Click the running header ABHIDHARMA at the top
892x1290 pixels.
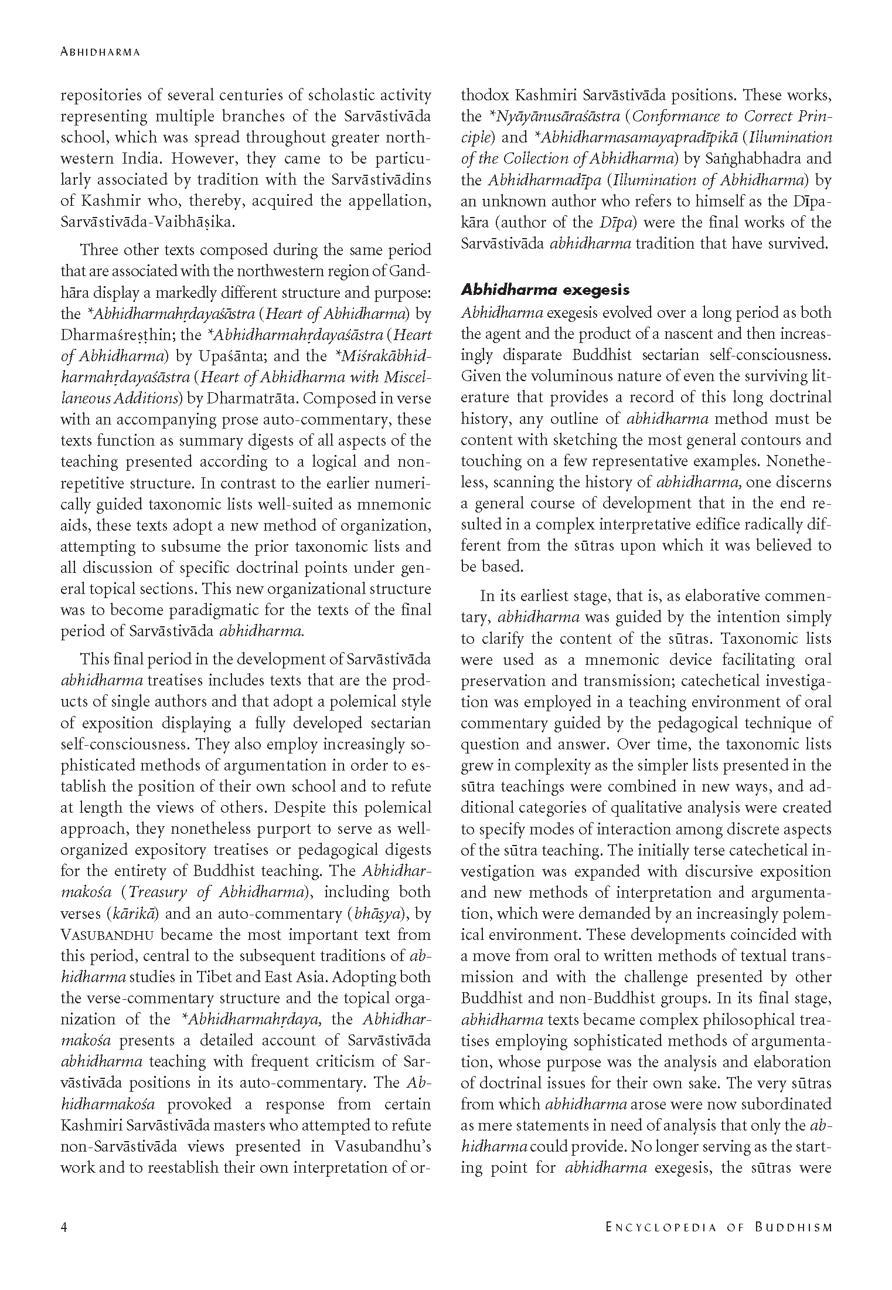pyautogui.click(x=100, y=52)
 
